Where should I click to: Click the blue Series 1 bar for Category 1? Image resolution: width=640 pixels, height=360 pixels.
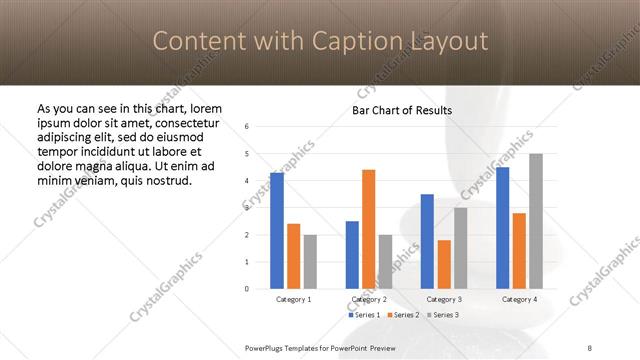tap(277, 230)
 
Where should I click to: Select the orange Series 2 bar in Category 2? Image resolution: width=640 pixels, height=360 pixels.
tap(368, 229)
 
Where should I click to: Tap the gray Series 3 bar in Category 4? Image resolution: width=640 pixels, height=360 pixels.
tap(536, 221)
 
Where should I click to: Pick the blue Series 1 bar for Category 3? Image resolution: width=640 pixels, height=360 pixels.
tap(427, 241)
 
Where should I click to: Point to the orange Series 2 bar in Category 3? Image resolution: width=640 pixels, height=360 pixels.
tap(444, 264)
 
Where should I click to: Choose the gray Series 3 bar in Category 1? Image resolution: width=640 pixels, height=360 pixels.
tap(310, 261)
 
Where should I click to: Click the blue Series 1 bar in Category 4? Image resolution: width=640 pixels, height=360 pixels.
tap(502, 228)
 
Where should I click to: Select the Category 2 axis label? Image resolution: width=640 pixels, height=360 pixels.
tap(369, 299)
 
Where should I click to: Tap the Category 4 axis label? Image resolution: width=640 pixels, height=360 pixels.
tap(519, 299)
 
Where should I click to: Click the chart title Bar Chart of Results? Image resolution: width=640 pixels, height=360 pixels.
tap(402, 110)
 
